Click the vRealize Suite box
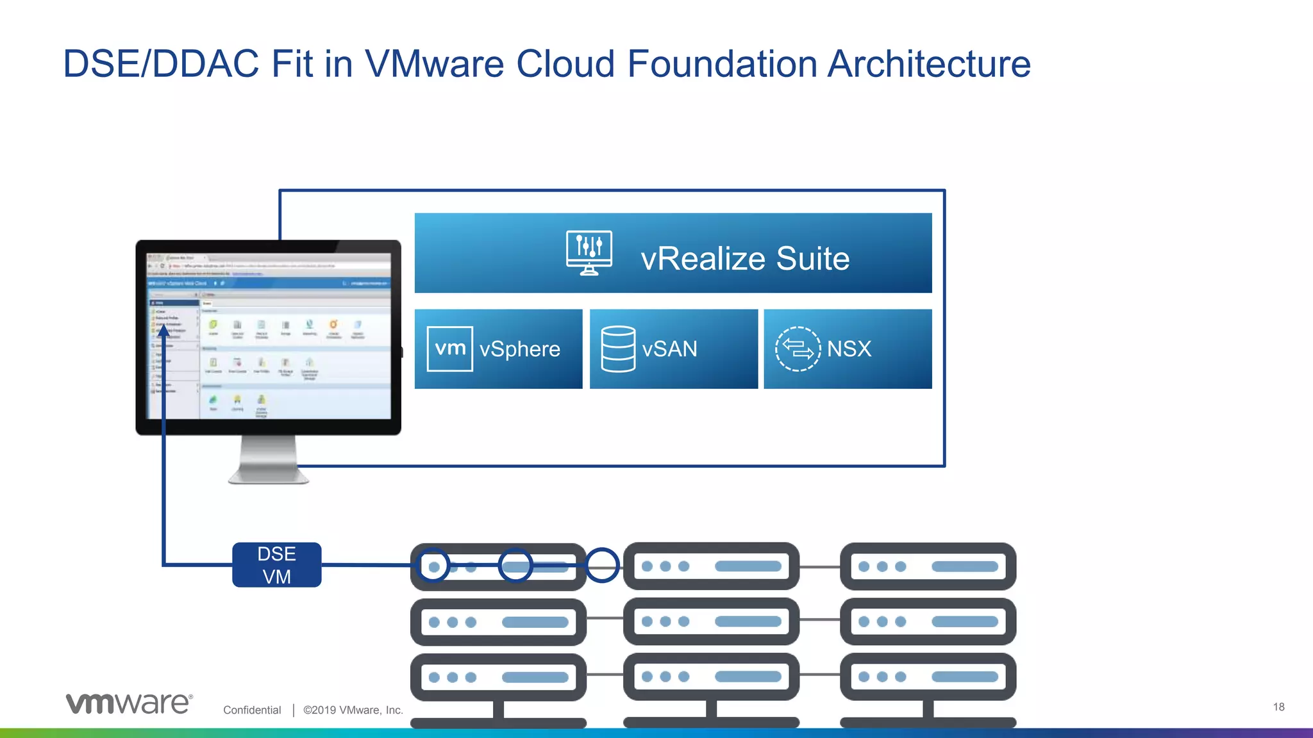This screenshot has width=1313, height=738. pyautogui.click(x=673, y=253)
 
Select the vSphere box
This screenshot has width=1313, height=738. pyautogui.click(x=498, y=349)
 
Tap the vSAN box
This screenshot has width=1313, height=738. pyautogui.click(x=673, y=349)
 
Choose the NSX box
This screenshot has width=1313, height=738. pyautogui.click(x=848, y=349)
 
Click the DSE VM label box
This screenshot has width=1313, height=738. pyautogui.click(x=276, y=564)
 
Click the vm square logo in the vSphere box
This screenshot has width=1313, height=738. pyautogui.click(x=449, y=349)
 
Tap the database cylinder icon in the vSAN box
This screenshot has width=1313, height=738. pyautogui.click(x=618, y=349)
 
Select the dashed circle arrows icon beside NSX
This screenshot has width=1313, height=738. pyautogui.click(x=798, y=349)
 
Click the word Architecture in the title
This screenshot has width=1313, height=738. pyautogui.click(x=928, y=64)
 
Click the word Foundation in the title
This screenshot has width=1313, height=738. pyautogui.click(x=721, y=64)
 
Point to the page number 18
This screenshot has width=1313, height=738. pyautogui.click(x=1278, y=707)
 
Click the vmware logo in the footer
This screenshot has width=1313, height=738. pyautogui.click(x=129, y=703)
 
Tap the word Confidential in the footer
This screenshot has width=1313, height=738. pyautogui.click(x=252, y=710)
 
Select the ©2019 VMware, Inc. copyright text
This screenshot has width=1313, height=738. pyautogui.click(x=353, y=710)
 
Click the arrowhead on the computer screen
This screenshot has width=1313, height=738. pyautogui.click(x=164, y=329)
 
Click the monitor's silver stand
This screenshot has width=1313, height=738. pyautogui.click(x=268, y=459)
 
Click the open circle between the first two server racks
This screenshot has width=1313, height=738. pyautogui.click(x=602, y=565)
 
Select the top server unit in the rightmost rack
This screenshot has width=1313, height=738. pyautogui.click(x=928, y=566)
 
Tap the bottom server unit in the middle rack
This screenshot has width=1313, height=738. pyautogui.click(x=711, y=676)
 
